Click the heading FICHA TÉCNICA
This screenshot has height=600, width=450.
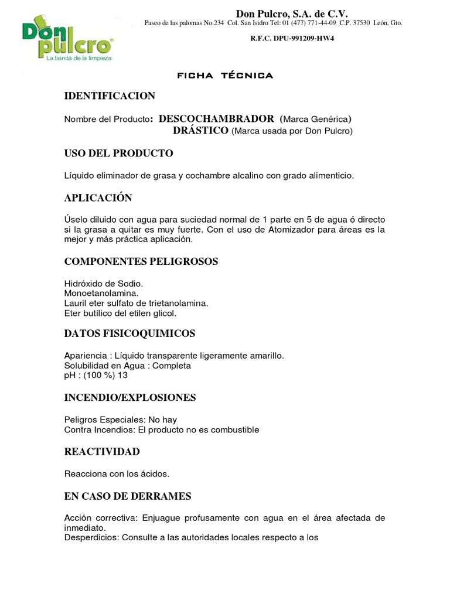point(225,76)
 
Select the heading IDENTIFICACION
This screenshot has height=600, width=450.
point(110,96)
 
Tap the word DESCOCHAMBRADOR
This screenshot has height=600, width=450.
point(217,119)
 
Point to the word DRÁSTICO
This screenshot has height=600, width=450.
point(200,131)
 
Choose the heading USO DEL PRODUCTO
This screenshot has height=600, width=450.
point(118,154)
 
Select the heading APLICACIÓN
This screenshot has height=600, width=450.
point(98,197)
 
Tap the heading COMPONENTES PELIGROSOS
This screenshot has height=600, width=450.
point(141,261)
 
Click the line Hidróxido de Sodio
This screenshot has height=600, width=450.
point(103,284)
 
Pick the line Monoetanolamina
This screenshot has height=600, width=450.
point(101,293)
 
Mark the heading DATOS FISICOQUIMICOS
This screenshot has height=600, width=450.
point(129,333)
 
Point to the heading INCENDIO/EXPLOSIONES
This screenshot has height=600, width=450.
point(129,398)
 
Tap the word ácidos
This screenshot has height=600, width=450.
point(155,473)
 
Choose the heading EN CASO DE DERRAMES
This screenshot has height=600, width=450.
point(128,496)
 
